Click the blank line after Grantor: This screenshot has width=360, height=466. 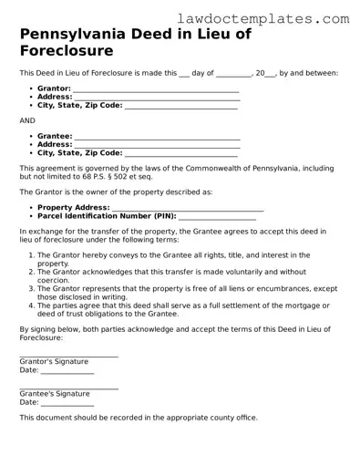coord(156,89)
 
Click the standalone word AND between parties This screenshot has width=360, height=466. coord(27,120)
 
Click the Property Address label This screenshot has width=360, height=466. coord(73,208)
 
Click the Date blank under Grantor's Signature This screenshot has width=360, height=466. coord(67,370)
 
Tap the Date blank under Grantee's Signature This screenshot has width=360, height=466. coord(67,402)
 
